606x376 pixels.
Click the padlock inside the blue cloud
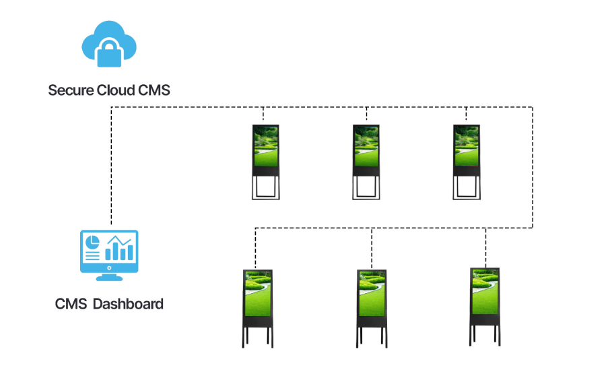tap(109, 53)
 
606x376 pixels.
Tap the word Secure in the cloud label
tap(69, 90)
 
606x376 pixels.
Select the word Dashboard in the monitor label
tap(128, 304)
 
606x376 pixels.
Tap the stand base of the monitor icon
tap(109, 276)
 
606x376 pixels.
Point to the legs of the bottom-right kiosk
tap(485, 334)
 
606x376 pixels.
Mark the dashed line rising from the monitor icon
tap(111, 168)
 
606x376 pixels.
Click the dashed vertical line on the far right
tap(533, 168)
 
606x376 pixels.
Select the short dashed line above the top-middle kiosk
tap(366, 115)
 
